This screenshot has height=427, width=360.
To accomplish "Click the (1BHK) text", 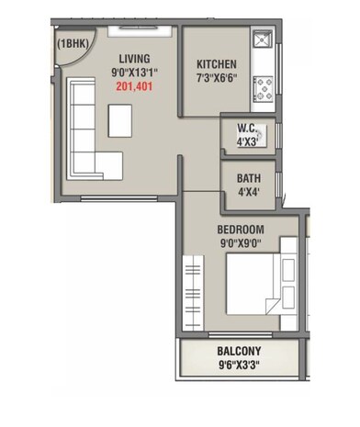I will [73, 43].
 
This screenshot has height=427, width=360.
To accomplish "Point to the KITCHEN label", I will [217, 64].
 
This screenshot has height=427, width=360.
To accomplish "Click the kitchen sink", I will [262, 40].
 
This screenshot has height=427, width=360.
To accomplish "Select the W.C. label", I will [246, 129].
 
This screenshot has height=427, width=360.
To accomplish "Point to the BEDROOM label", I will [241, 229].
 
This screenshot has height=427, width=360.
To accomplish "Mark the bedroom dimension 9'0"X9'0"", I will [241, 243].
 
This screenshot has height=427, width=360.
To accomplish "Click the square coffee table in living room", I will [119, 120].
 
